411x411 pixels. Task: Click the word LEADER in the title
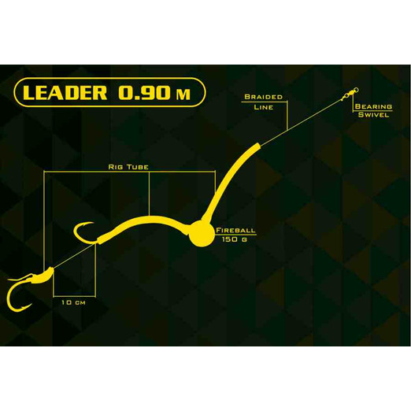65,92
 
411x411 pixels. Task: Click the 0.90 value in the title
145,92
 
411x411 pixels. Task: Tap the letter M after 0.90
183,94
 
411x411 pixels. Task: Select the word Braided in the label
263,97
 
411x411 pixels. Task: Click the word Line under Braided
263,107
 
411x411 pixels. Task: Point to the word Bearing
373,106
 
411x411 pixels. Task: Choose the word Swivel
373,115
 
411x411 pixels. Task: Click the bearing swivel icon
350,94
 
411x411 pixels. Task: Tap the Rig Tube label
128,167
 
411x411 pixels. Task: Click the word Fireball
235,231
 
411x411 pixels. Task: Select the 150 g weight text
235,239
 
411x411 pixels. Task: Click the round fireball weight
202,234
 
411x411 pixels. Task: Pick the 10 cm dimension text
73,302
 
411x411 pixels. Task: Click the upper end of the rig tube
257,146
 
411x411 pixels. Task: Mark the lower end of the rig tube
100,240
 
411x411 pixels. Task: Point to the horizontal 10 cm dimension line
74,297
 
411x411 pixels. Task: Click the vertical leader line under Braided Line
287,116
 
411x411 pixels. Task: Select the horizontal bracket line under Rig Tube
130,172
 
